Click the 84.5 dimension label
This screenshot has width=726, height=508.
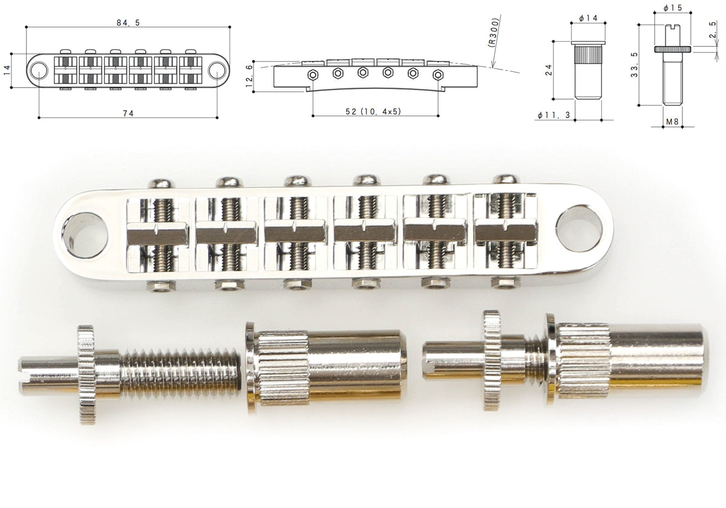pyautogui.click(x=128, y=23)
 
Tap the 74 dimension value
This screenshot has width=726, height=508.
pyautogui.click(x=128, y=114)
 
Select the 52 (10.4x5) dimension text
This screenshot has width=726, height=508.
pyautogui.click(x=373, y=111)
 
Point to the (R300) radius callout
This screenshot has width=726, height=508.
pyautogui.click(x=493, y=33)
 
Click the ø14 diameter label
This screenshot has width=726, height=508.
pyautogui.click(x=588, y=18)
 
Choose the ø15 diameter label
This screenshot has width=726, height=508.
pyautogui.click(x=673, y=8)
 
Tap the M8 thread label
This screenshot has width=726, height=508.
pyautogui.click(x=672, y=122)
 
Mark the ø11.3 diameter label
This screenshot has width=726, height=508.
pyautogui.click(x=554, y=115)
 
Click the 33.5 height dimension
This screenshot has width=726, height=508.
pyautogui.click(x=634, y=65)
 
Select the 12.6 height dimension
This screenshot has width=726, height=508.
pyautogui.click(x=249, y=76)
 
